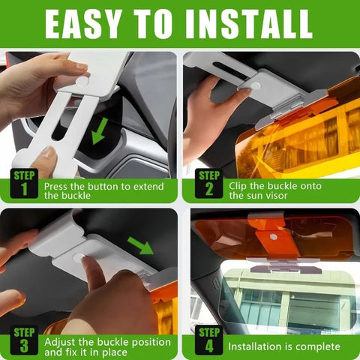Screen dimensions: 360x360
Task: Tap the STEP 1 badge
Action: point(24,184)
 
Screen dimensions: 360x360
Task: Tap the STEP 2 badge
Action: point(208,184)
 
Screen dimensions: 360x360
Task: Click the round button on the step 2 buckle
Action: point(255,86)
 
